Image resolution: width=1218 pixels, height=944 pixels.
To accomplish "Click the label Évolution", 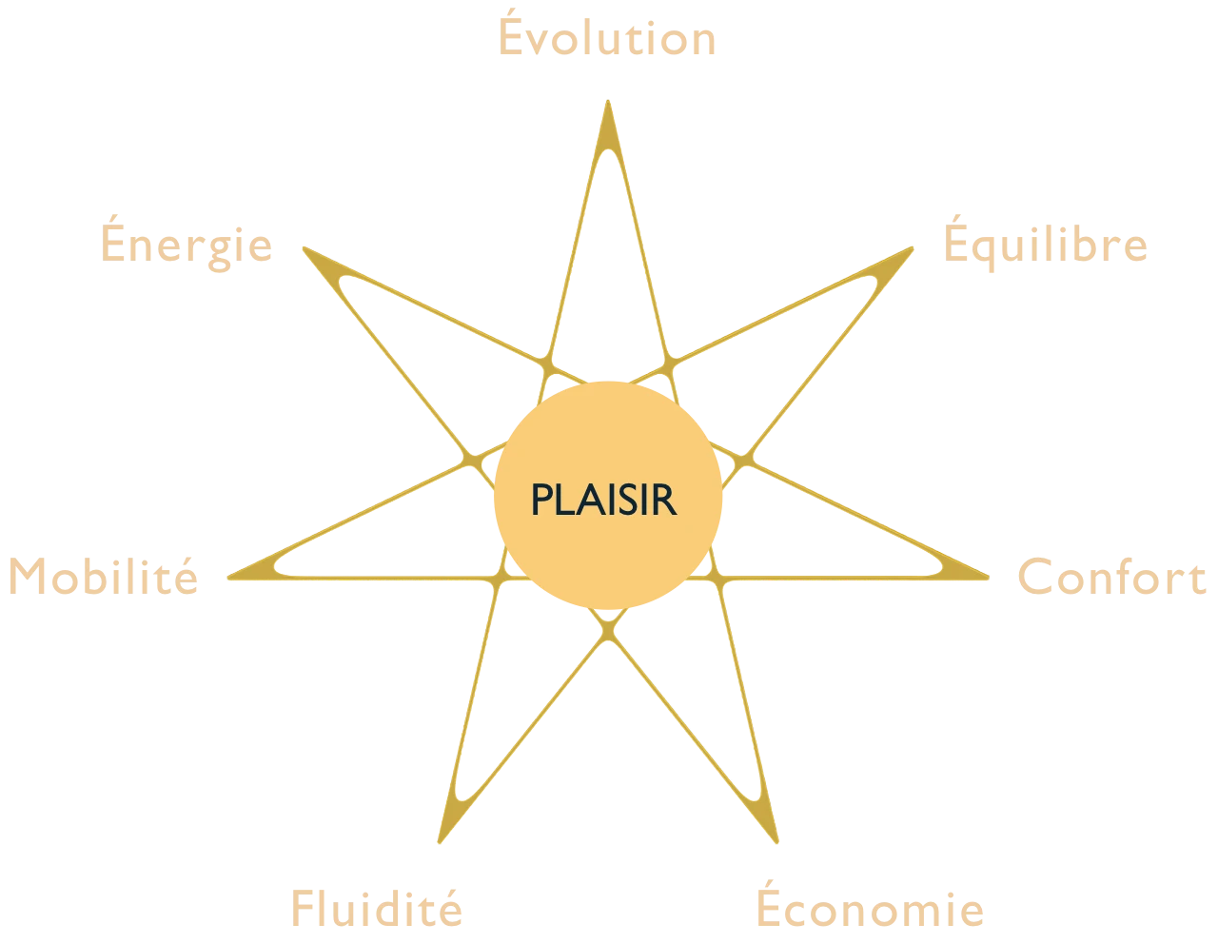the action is point(607,32).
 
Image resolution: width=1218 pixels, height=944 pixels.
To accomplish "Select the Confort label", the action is point(1112,577).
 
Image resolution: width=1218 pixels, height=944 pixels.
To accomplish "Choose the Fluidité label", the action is point(377,908).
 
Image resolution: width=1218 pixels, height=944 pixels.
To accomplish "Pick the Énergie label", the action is point(187,244).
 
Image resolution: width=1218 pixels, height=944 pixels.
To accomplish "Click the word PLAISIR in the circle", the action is point(603,499).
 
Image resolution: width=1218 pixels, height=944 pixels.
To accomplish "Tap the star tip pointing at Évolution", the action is point(608,102).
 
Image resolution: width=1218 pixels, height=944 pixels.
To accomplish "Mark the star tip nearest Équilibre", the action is point(912,248).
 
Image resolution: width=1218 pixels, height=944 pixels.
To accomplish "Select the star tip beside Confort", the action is point(987,577).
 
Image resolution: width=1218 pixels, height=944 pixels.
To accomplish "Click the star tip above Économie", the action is point(776,841).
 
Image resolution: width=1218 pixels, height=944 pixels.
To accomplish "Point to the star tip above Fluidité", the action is point(440,841).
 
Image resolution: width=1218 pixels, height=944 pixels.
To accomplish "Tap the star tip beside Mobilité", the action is point(228,577).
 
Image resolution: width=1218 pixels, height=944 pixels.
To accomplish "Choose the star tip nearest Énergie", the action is point(304,248).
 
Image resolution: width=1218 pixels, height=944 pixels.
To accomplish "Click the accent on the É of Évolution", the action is point(511,12).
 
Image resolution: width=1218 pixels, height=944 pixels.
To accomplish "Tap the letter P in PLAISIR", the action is point(541,499).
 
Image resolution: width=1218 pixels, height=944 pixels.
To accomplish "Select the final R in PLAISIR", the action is point(665,499).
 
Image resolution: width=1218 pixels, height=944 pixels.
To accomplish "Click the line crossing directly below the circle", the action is point(608,631).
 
